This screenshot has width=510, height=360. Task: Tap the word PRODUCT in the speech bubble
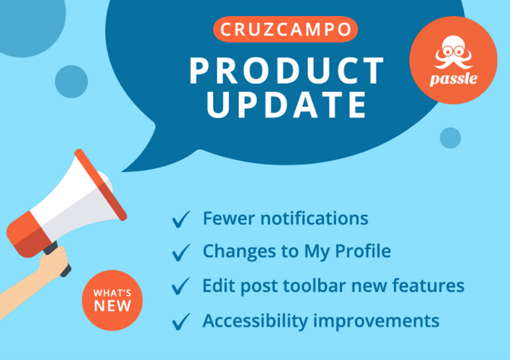(x=287, y=71)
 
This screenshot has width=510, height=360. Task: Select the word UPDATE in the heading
(x=287, y=105)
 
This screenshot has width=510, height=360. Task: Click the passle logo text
(x=453, y=79)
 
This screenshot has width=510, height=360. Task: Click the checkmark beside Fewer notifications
(x=181, y=219)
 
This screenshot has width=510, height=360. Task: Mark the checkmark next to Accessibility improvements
(x=181, y=321)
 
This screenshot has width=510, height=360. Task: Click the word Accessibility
(x=256, y=321)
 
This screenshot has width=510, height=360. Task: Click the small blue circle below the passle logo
(x=450, y=138)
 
